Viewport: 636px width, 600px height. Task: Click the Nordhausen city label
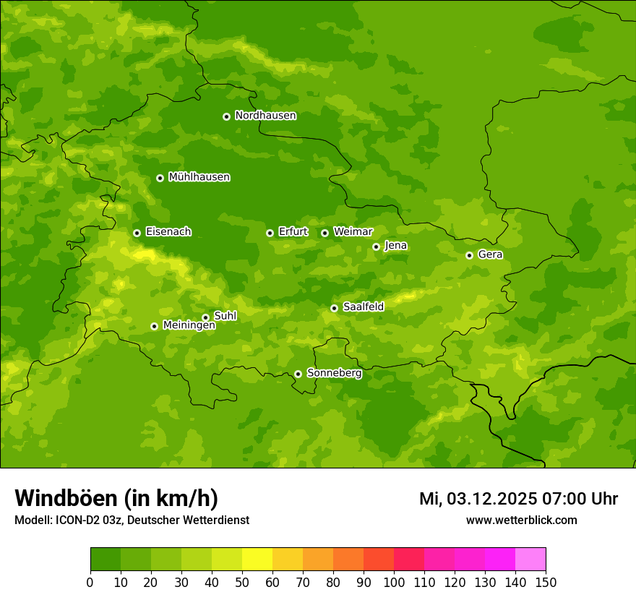[x=265, y=116]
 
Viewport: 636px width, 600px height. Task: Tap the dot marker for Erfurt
[x=270, y=233]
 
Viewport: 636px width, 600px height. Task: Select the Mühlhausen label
[x=199, y=177]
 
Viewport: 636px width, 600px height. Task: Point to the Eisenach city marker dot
[x=137, y=233]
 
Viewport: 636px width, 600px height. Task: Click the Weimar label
[x=353, y=232]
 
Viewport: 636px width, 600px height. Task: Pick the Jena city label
[x=395, y=246]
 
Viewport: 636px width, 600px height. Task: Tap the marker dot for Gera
[x=469, y=255]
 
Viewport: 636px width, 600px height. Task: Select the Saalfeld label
[x=363, y=307]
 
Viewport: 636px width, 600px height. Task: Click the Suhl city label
[x=225, y=316]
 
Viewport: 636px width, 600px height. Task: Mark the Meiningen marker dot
[x=154, y=326]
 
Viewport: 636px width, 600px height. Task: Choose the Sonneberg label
[x=334, y=373]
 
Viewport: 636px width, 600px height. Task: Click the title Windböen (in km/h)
[x=116, y=498]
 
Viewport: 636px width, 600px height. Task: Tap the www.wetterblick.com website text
[x=521, y=520]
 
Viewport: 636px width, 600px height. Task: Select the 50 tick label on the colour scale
[x=242, y=582]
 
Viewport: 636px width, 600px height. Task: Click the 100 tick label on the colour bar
[x=394, y=582]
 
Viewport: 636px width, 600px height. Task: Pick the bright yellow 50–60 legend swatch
[x=257, y=560]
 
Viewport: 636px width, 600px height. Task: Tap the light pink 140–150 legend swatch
[x=530, y=560]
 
